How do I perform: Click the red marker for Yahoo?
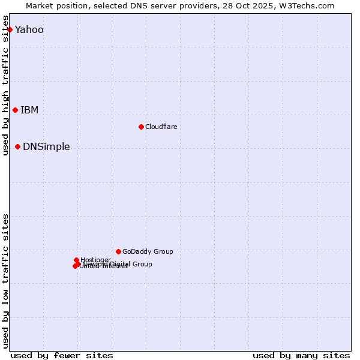pos(10,29)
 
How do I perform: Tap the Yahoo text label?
pos(29,30)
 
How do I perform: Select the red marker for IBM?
pos(15,110)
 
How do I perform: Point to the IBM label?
pos(29,110)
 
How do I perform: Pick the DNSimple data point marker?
pos(17,146)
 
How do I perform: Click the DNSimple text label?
pos(46,147)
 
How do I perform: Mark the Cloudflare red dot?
pos(141,127)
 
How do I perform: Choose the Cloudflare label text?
pos(161,127)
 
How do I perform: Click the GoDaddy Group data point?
pos(118,251)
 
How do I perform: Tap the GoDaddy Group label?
pos(148,252)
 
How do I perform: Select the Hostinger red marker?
pos(76,260)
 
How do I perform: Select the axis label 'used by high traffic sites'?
pos(6,85)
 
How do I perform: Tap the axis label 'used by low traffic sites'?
pos(6,281)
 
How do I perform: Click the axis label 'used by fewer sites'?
pos(62,355)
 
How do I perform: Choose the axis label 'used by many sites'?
pos(301,355)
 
